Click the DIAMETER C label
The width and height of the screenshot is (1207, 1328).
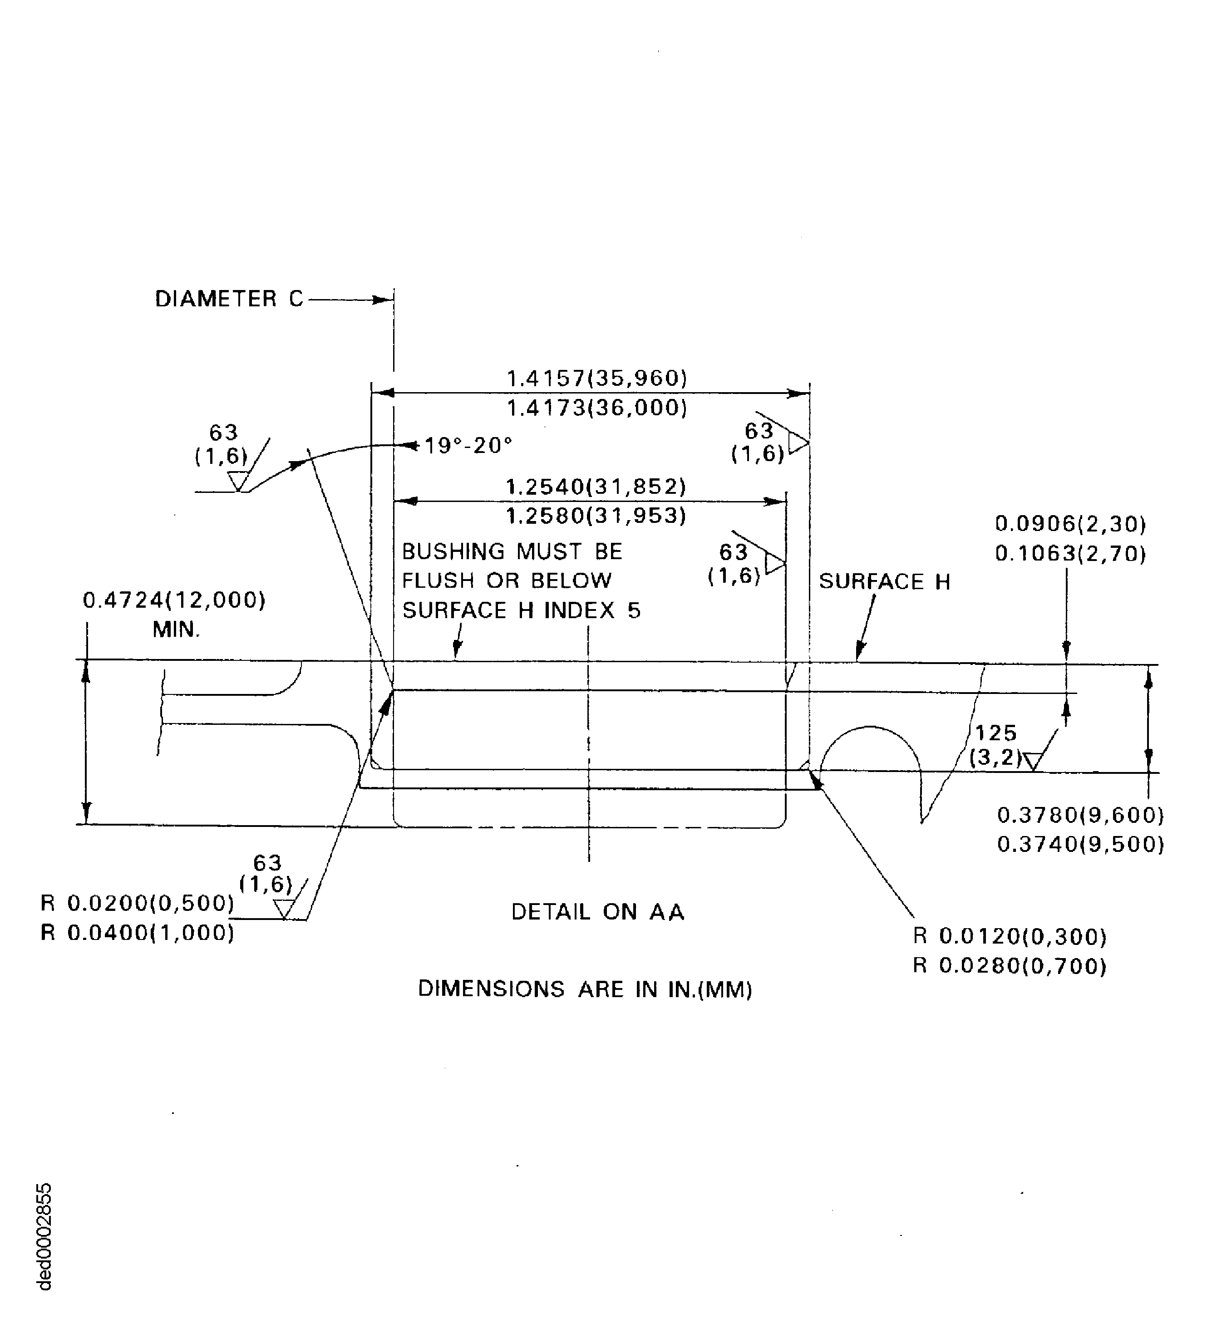[229, 299]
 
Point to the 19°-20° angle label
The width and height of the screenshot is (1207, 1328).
[468, 446]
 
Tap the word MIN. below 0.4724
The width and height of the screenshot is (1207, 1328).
[176, 630]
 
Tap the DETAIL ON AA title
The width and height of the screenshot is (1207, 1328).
[597, 912]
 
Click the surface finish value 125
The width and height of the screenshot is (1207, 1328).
[995, 733]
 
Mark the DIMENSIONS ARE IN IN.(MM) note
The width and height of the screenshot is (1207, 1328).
[585, 989]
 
